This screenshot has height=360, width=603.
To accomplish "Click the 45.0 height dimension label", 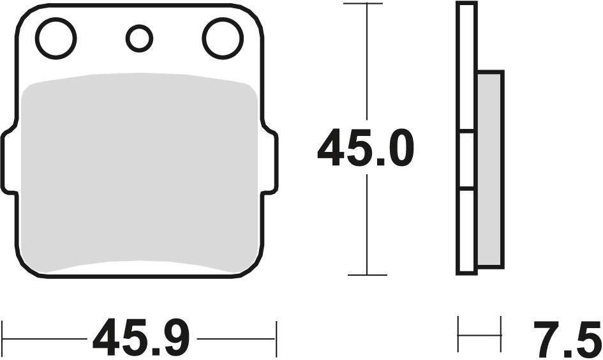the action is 366,148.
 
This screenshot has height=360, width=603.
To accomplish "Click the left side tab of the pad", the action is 9,161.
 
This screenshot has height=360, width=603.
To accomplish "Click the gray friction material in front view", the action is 139,173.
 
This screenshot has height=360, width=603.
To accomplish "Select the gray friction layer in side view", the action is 490,169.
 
